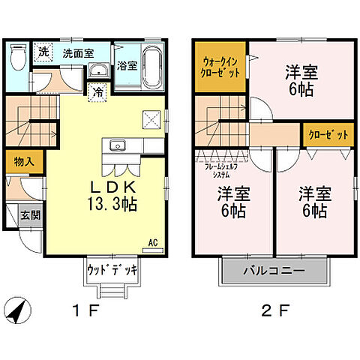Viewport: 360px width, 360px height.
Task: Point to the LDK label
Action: [112, 186]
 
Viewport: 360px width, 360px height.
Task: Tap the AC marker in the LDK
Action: [151, 242]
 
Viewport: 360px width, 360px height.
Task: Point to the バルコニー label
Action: [274, 270]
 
